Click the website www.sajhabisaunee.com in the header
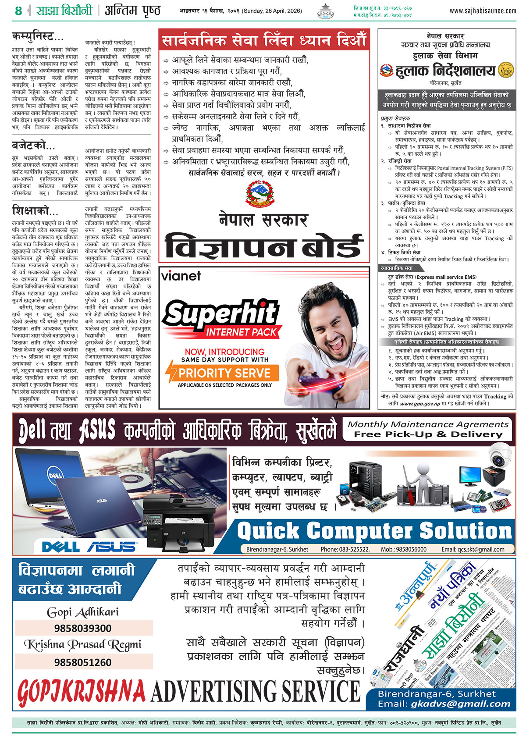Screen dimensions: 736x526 click(483, 11)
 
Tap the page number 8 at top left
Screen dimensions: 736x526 click(18, 11)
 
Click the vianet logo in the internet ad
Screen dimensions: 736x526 click(181, 276)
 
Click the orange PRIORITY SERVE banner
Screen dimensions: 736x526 click(224, 373)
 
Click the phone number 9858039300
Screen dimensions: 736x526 click(83, 628)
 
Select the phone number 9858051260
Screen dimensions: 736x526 click(83, 662)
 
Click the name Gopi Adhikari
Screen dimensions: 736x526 click(83, 612)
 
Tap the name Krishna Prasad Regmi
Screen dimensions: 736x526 click(83, 644)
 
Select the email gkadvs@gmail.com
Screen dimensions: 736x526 click(461, 704)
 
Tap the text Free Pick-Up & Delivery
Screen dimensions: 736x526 click(428, 434)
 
